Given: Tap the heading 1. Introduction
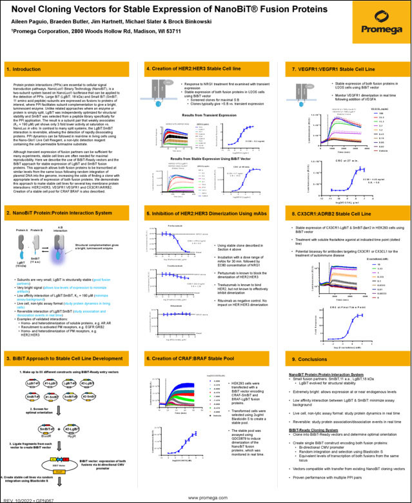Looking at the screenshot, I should [x=23, y=68].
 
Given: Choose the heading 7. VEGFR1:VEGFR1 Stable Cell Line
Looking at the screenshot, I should [x=330, y=68].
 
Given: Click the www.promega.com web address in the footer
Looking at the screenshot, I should [x=206, y=498].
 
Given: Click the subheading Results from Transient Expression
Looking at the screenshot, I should [x=199, y=114].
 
